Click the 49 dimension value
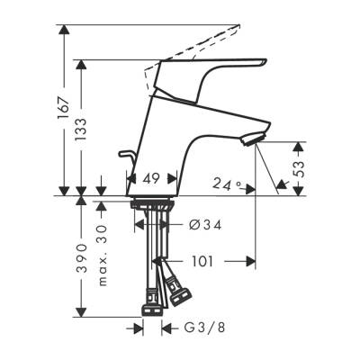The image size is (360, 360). pyautogui.click(x=151, y=180)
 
